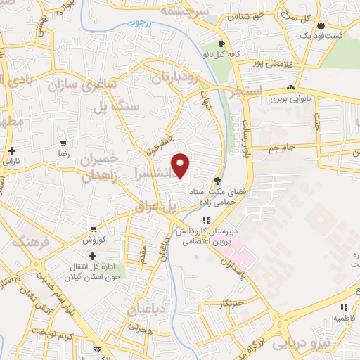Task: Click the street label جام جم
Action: point(282,149)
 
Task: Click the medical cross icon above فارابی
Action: point(12,150)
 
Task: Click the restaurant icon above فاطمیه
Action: point(344,307)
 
